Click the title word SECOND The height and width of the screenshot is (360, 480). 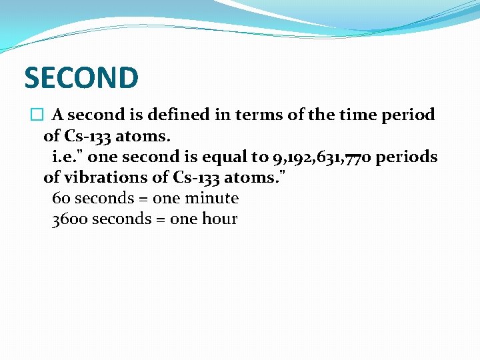[81, 78]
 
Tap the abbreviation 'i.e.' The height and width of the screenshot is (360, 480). [66, 157]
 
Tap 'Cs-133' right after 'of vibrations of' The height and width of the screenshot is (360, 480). [197, 178]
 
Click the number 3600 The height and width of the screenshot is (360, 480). [69, 219]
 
